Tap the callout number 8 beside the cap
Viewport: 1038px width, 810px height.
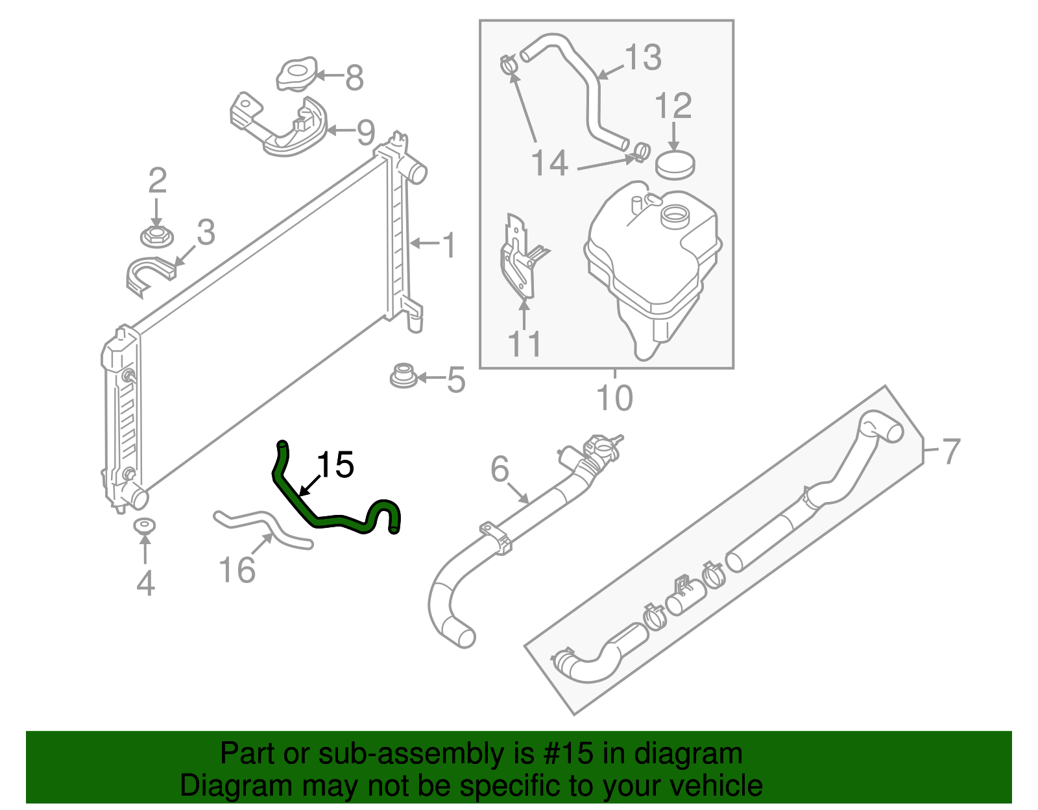pyautogui.click(x=354, y=78)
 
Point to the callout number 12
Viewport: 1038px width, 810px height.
pyautogui.click(x=673, y=106)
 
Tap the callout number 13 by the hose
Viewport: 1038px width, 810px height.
pyautogui.click(x=642, y=57)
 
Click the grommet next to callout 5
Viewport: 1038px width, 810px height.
pyautogui.click(x=403, y=376)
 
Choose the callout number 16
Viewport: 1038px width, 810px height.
pyautogui.click(x=237, y=571)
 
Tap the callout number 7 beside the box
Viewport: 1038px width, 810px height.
pyautogui.click(x=950, y=451)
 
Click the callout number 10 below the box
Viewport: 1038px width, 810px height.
pyautogui.click(x=614, y=398)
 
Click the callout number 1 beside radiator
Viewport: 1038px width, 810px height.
pyautogui.click(x=449, y=246)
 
